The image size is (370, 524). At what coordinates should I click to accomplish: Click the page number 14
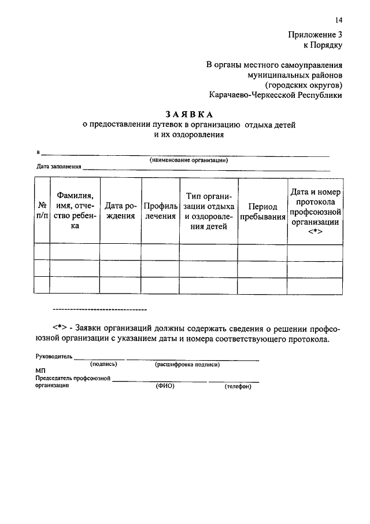(339, 20)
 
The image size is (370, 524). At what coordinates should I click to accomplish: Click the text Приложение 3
(316, 34)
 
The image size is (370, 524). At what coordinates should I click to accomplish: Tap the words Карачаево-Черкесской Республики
(276, 94)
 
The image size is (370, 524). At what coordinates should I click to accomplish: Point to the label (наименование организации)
(188, 160)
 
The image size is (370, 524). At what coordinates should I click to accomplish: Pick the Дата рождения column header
(120, 211)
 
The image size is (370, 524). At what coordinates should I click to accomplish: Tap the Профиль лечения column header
(160, 211)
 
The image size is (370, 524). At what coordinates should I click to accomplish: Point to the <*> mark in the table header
(315, 232)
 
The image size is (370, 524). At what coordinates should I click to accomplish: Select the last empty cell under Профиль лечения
(160, 285)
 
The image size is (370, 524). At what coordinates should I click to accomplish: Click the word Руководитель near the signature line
(54, 357)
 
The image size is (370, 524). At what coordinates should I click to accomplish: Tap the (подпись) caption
(104, 364)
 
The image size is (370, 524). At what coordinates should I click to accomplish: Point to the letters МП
(40, 370)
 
